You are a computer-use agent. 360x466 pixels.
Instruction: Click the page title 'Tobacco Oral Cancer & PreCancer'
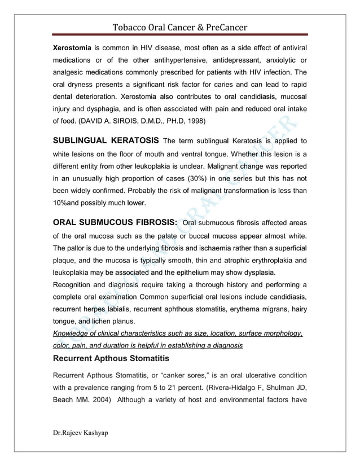click(x=180, y=27)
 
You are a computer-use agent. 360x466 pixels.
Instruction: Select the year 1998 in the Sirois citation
click(x=195, y=120)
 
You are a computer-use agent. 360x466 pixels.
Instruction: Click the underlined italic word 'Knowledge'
click(x=73, y=334)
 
